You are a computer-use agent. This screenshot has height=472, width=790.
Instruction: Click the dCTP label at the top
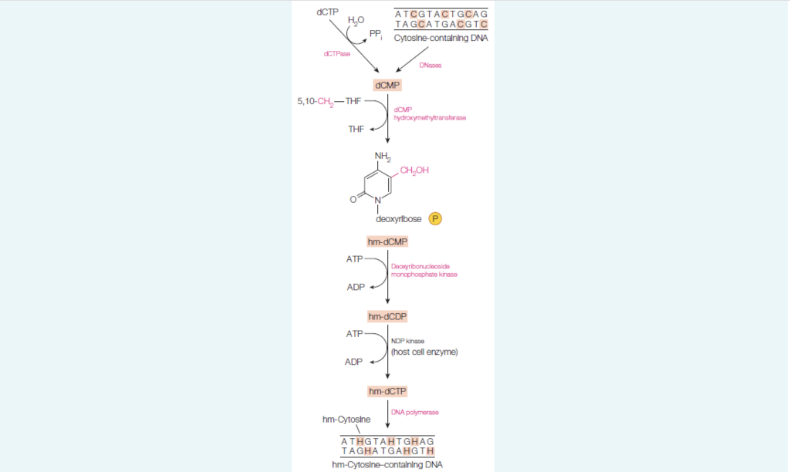point(328,12)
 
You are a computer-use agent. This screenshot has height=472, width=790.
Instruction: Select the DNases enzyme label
point(430,66)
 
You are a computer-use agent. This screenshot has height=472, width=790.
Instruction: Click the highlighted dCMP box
point(387,85)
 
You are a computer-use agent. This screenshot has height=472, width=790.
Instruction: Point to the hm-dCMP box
point(387,241)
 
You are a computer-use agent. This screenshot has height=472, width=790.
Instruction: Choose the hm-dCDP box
point(387,316)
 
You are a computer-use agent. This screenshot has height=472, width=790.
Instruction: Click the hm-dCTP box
point(387,391)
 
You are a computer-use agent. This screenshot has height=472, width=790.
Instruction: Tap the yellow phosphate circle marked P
point(434,219)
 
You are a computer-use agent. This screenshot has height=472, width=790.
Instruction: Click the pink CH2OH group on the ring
point(416,170)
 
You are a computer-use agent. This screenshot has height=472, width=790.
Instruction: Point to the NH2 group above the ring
point(383,157)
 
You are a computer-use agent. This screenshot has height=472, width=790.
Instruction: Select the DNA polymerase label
point(415,412)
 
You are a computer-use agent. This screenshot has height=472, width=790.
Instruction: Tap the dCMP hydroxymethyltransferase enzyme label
point(430,113)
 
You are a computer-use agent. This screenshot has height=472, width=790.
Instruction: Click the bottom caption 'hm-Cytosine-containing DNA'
point(387,464)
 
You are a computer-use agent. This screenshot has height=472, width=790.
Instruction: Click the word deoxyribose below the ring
point(400,219)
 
